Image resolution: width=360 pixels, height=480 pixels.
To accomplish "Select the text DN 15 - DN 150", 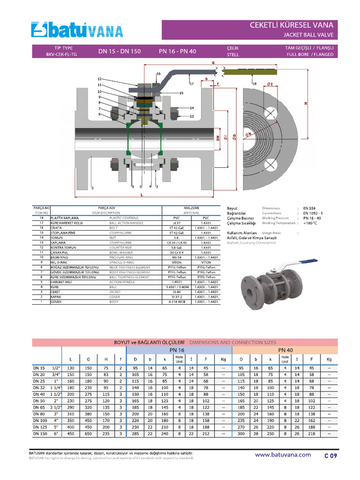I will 119,51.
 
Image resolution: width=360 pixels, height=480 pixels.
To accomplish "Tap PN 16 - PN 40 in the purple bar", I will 177,51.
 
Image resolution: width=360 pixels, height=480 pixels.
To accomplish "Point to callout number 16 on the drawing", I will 158,74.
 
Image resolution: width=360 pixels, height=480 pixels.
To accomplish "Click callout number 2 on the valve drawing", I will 93,187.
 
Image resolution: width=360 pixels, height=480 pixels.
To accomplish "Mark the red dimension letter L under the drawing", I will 142,195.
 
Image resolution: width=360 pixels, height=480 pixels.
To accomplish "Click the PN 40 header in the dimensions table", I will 285,350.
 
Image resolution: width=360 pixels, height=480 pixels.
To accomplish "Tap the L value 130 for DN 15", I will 71,368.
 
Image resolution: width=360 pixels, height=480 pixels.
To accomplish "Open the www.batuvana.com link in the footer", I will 283,455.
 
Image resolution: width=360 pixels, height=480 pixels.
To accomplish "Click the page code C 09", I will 330,455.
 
